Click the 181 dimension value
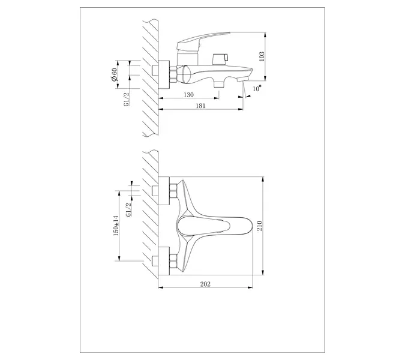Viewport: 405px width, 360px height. click(x=201, y=106)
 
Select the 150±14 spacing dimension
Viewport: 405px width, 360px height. click(x=116, y=226)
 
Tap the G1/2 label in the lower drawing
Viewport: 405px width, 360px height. click(x=128, y=210)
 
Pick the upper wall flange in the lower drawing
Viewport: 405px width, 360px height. click(x=164, y=191)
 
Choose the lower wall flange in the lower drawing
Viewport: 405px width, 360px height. click(x=164, y=262)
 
